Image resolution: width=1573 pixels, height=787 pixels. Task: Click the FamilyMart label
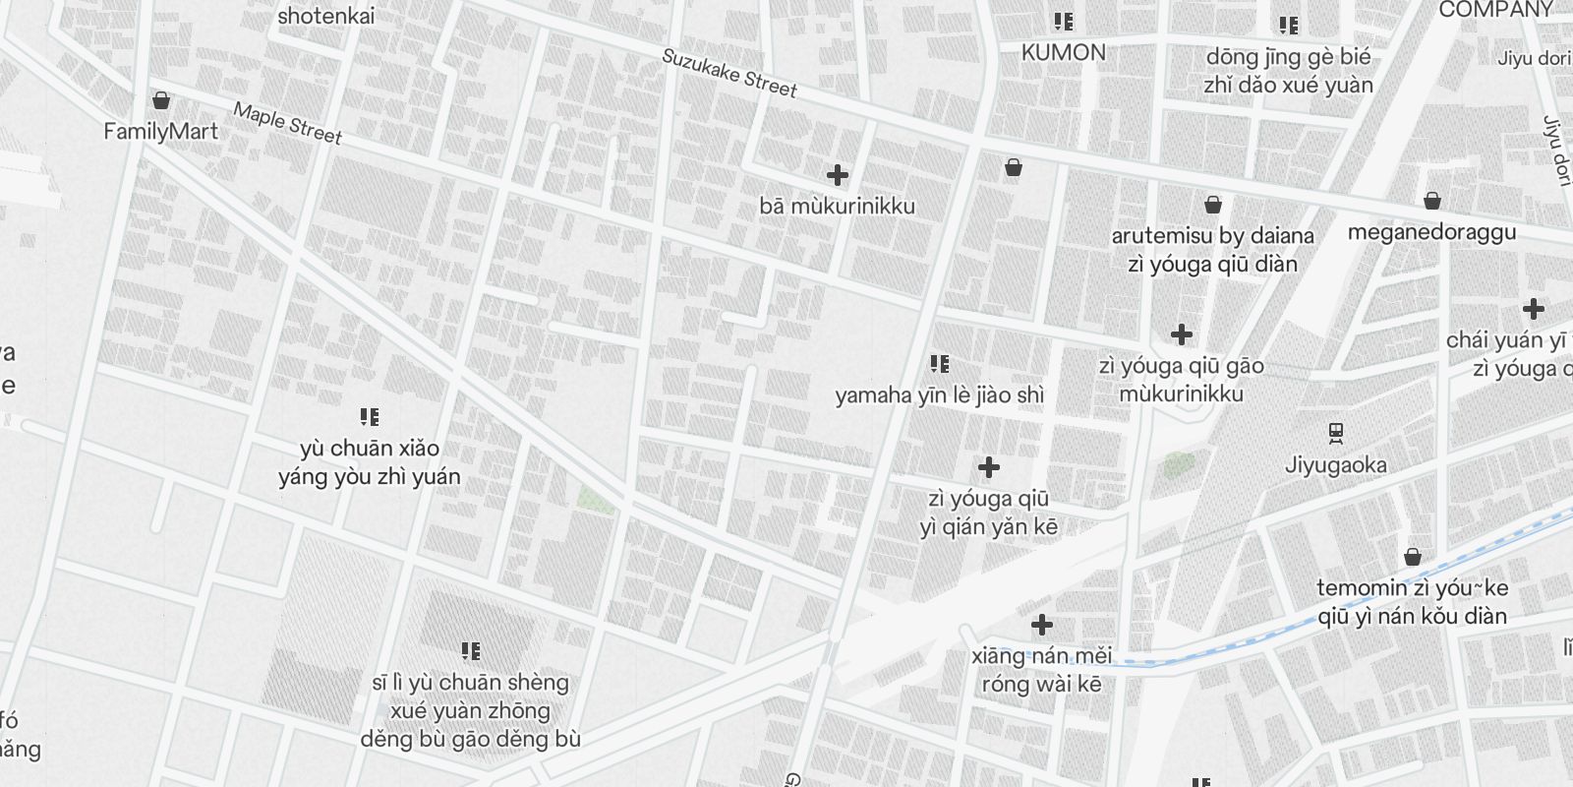coord(160,131)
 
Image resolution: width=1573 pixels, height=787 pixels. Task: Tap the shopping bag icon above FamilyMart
coord(161,100)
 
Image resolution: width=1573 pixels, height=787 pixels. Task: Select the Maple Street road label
coord(287,123)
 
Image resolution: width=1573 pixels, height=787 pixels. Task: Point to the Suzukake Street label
coord(728,73)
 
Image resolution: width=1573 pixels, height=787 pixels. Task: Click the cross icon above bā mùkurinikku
coord(837,175)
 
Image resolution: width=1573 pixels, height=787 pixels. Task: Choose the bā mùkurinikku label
coord(837,206)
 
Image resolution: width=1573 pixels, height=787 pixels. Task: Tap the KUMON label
coord(1063,52)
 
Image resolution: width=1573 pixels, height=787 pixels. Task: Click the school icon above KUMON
coord(1063,21)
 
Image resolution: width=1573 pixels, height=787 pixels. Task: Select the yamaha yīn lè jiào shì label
coord(939,395)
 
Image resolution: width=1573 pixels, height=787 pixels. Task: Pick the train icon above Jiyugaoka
coord(1335,433)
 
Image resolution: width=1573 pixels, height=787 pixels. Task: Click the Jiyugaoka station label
coord(1335,464)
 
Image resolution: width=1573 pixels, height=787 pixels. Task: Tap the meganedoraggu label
coord(1431,232)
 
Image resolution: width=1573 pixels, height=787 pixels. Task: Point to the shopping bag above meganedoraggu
coord(1432,201)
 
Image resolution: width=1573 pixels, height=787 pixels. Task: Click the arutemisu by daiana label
coord(1212,236)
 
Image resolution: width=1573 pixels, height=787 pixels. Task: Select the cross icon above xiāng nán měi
coord(1041,625)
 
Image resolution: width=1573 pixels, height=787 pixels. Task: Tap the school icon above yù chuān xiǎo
coord(369,417)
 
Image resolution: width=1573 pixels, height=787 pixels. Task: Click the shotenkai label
coord(325,16)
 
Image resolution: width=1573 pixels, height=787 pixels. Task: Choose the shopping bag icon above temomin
coord(1413,557)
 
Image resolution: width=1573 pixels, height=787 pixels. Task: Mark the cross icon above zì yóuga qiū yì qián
coord(988,467)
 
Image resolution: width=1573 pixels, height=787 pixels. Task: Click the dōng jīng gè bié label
coord(1288,57)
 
